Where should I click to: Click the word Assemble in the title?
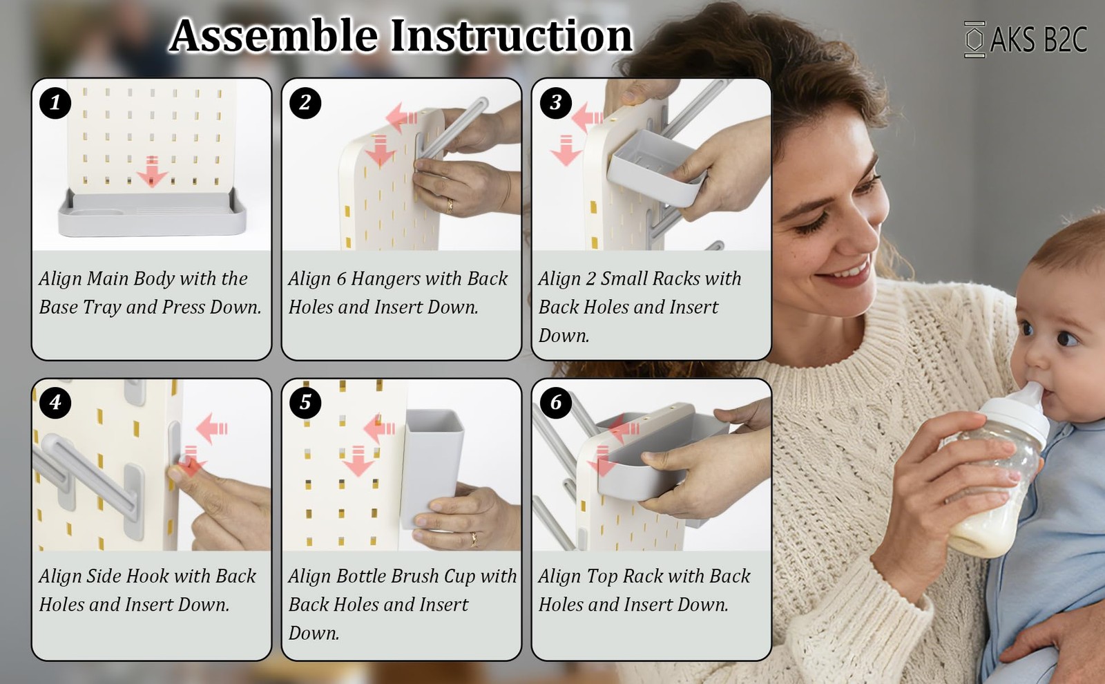point(273,35)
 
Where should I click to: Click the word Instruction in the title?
point(512,35)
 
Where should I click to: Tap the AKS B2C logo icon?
point(974,39)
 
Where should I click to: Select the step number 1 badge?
point(55,103)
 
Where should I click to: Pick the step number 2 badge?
point(305,103)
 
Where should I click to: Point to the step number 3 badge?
point(556,103)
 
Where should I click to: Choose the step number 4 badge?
point(55,403)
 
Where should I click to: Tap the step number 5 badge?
point(305,403)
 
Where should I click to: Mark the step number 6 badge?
point(556,403)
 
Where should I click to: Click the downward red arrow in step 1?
point(152,171)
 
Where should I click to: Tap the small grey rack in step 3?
point(656,168)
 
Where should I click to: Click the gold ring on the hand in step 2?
point(450,205)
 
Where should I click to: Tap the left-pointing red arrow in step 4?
point(211,428)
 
